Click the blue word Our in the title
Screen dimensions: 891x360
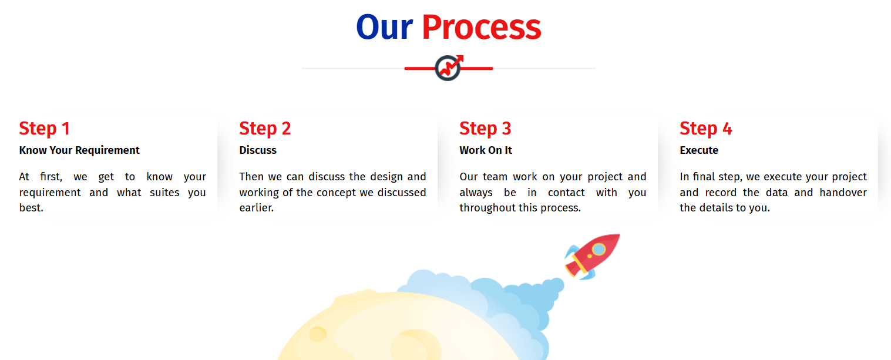pyautogui.click(x=384, y=28)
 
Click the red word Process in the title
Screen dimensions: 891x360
pyautogui.click(x=481, y=28)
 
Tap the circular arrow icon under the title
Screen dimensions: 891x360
pyautogui.click(x=448, y=68)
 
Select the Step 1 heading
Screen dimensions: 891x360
pyautogui.click(x=45, y=129)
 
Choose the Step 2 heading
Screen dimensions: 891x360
pyautogui.click(x=265, y=129)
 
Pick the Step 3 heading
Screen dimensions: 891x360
pyautogui.click(x=485, y=129)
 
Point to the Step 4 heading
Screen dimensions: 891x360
pyautogui.click(x=705, y=129)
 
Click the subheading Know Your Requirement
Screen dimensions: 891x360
pyautogui.click(x=79, y=150)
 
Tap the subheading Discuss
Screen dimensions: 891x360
pyautogui.click(x=258, y=150)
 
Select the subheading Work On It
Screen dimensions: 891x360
pyautogui.click(x=486, y=150)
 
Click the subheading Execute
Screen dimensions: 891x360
pyautogui.click(x=699, y=150)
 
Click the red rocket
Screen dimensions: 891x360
pyautogui.click(x=592, y=256)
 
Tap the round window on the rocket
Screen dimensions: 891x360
pyautogui.click(x=599, y=250)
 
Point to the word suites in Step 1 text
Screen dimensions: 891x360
pyautogui.click(x=164, y=193)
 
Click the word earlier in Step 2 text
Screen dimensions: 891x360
pyautogui.click(x=256, y=208)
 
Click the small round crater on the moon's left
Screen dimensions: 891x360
pyautogui.click(x=318, y=334)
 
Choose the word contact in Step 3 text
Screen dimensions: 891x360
pyautogui.click(x=566, y=193)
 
